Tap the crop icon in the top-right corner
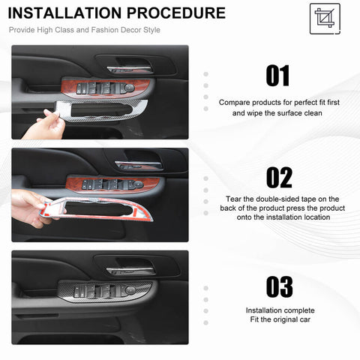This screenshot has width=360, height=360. (324, 18)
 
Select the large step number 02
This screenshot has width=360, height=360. (279, 177)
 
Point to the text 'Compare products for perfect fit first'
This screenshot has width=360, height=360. (278, 101)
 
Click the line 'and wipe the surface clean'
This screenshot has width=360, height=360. (278, 112)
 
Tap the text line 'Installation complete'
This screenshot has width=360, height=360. (278, 310)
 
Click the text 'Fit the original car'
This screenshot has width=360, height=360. (278, 321)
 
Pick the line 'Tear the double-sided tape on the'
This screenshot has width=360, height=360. (278, 198)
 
